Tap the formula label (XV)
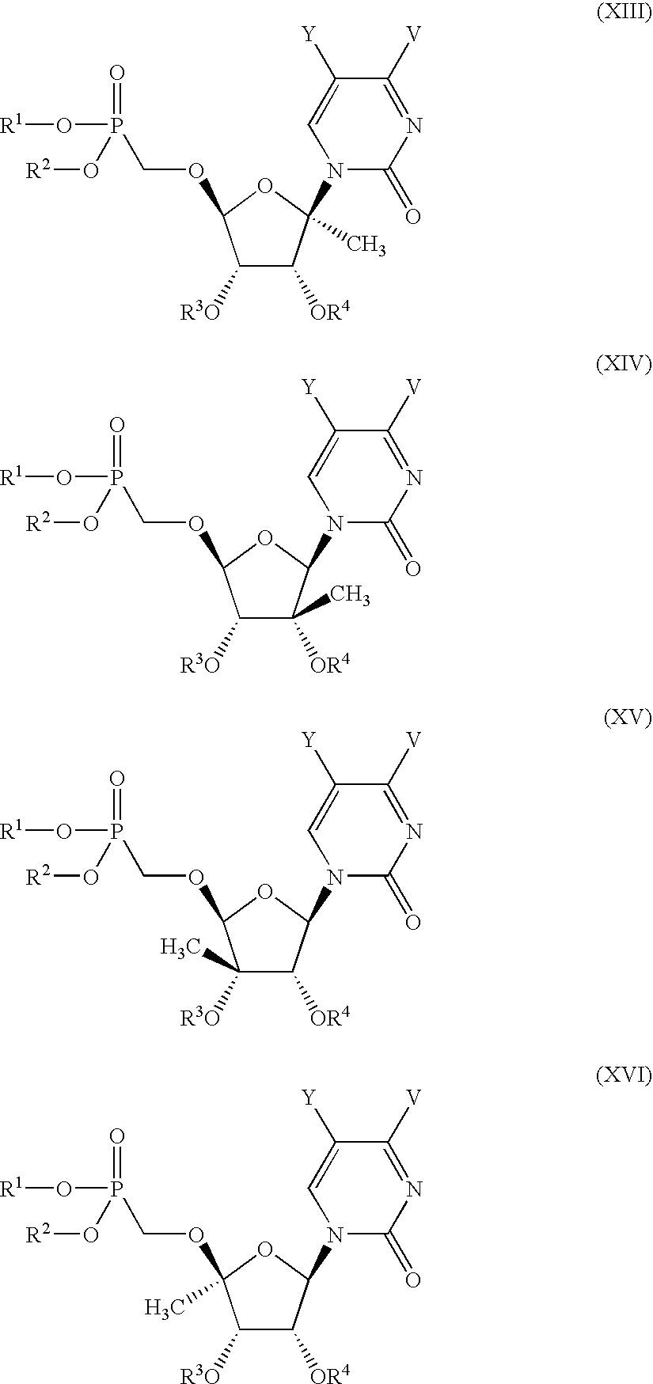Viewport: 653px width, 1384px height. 627,719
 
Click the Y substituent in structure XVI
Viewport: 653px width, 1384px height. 311,1098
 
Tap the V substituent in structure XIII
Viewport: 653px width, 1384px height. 412,36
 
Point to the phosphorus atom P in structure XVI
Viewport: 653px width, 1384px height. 116,1188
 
